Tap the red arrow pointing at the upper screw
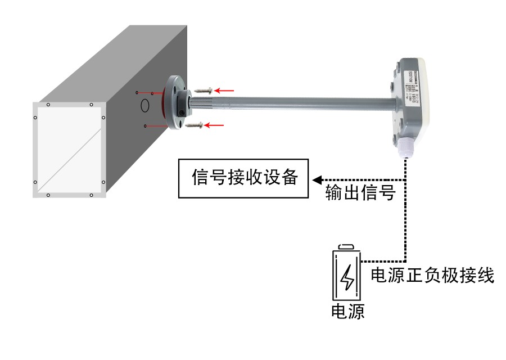click(x=226, y=89)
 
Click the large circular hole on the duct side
click(x=144, y=105)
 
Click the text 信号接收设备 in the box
click(x=243, y=179)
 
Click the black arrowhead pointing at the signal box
click(x=317, y=180)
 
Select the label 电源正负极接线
click(x=432, y=276)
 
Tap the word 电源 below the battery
click(x=347, y=312)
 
